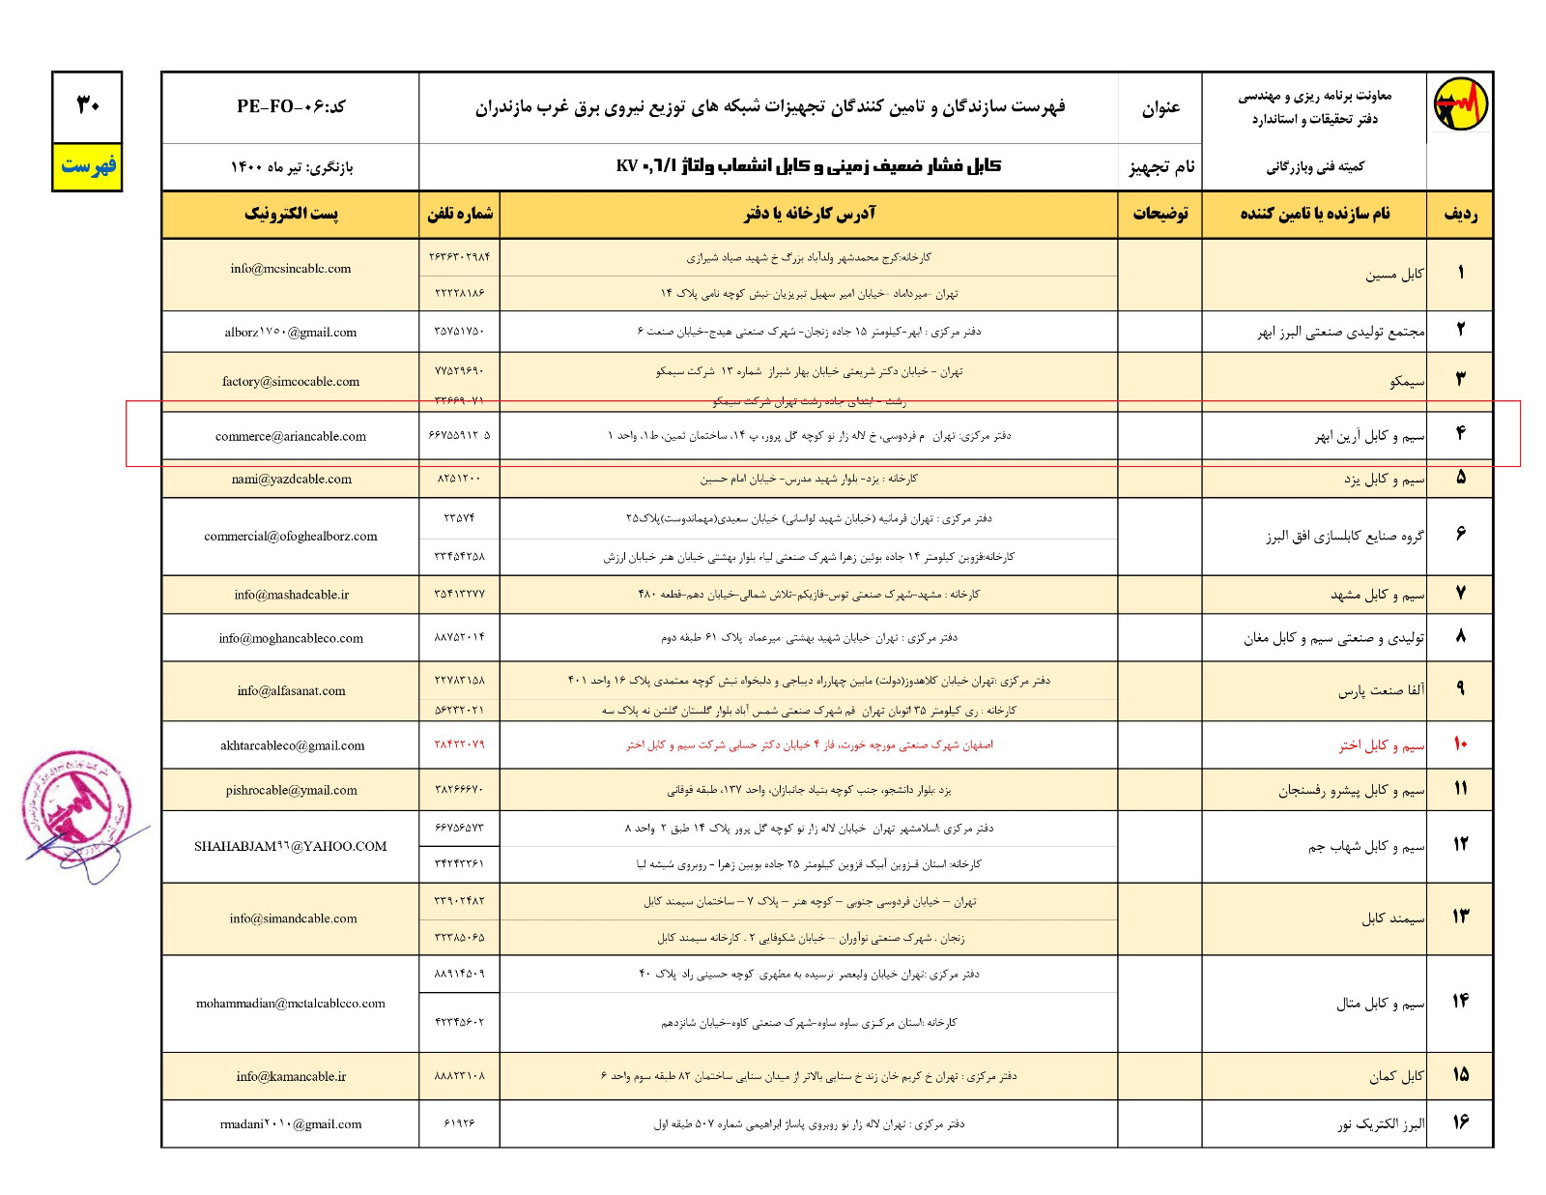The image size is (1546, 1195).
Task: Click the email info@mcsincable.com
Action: (291, 269)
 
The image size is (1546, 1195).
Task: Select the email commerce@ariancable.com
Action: (291, 436)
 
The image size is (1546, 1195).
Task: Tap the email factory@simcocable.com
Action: (291, 382)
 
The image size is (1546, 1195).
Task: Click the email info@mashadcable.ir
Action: (291, 595)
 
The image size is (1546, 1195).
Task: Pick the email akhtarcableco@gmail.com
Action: (292, 745)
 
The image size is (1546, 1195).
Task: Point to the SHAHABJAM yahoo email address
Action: (291, 846)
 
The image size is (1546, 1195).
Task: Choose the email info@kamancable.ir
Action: (291, 1076)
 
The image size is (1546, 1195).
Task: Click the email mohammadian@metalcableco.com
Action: (291, 1004)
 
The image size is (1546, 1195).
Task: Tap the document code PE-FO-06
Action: (291, 106)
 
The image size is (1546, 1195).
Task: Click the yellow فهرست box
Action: (88, 166)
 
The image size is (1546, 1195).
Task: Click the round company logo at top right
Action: (1460, 104)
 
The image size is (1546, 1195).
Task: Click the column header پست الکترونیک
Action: (291, 214)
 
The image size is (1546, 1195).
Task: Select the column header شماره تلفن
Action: (460, 214)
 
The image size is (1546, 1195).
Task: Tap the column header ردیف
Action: (1460, 214)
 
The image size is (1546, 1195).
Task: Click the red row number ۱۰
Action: (1460, 744)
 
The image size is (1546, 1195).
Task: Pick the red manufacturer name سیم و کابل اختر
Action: (1381, 745)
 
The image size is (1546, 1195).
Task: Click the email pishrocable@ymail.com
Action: (291, 790)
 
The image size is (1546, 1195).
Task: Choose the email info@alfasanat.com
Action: (291, 690)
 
